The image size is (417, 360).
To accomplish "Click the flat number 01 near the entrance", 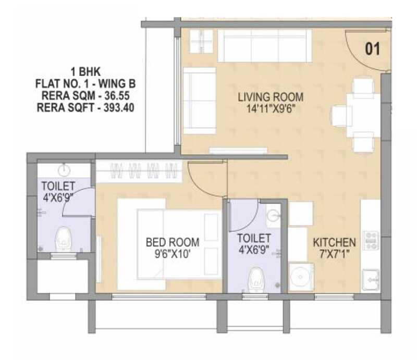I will coord(372,49).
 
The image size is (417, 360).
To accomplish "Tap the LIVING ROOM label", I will coord(270,97).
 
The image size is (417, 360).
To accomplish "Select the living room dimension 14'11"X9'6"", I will coord(270,109).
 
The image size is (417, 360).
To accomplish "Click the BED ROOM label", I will coord(172,242).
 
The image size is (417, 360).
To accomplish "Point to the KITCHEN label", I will coord(334,243).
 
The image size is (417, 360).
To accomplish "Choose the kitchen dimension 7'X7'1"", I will coord(334,255).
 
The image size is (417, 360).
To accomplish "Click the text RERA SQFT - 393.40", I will coord(85,108).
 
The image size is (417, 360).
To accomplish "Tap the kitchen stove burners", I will coord(371,241).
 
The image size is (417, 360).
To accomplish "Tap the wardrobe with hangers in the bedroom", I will coord(141,170).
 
